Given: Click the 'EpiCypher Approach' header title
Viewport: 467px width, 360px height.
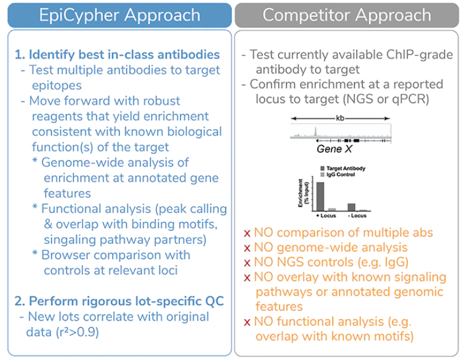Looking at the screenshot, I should pyautogui.click(x=120, y=14).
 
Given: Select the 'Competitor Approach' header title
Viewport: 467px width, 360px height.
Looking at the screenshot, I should pyautogui.click(x=347, y=14).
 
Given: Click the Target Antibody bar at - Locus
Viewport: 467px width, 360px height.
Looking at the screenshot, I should pyautogui.click(x=351, y=207).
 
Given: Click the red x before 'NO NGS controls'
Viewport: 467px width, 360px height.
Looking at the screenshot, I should pyautogui.click(x=246, y=262).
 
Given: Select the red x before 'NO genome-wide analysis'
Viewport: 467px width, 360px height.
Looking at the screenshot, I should pyautogui.click(x=246, y=247).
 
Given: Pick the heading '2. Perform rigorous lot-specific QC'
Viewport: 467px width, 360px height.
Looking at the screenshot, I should pyautogui.click(x=120, y=301).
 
